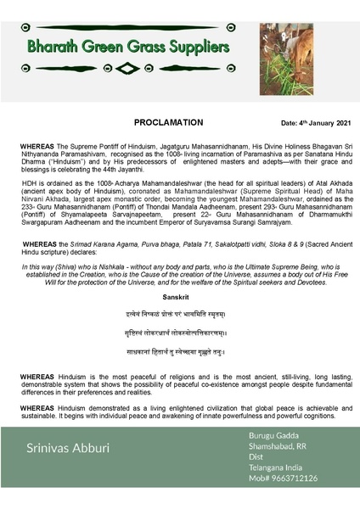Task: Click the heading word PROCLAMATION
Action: (x=169, y=122)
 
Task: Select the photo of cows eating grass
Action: (x=309, y=46)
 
